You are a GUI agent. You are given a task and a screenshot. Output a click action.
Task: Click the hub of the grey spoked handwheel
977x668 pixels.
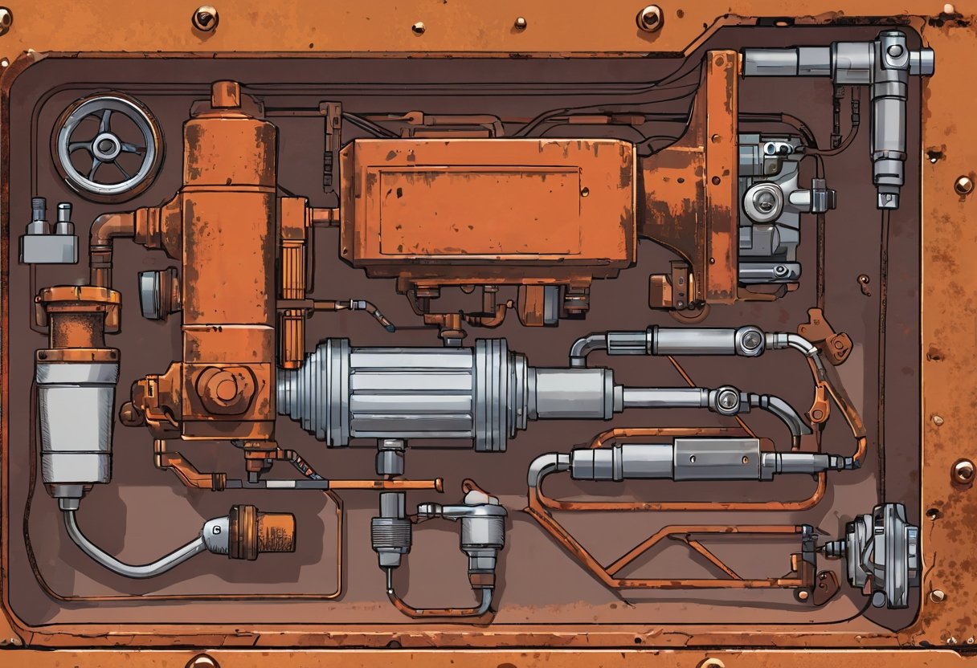click(x=106, y=146)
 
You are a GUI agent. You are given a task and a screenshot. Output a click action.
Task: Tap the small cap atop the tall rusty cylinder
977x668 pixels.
click(x=226, y=94)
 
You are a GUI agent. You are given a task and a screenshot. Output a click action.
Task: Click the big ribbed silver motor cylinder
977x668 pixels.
click(x=402, y=393)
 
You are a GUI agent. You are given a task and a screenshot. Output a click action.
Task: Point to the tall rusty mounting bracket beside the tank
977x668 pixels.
click(x=720, y=177)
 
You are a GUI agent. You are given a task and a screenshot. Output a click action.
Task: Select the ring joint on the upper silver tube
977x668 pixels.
click(x=750, y=340)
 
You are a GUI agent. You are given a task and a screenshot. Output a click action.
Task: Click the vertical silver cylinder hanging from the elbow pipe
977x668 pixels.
click(x=889, y=136)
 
